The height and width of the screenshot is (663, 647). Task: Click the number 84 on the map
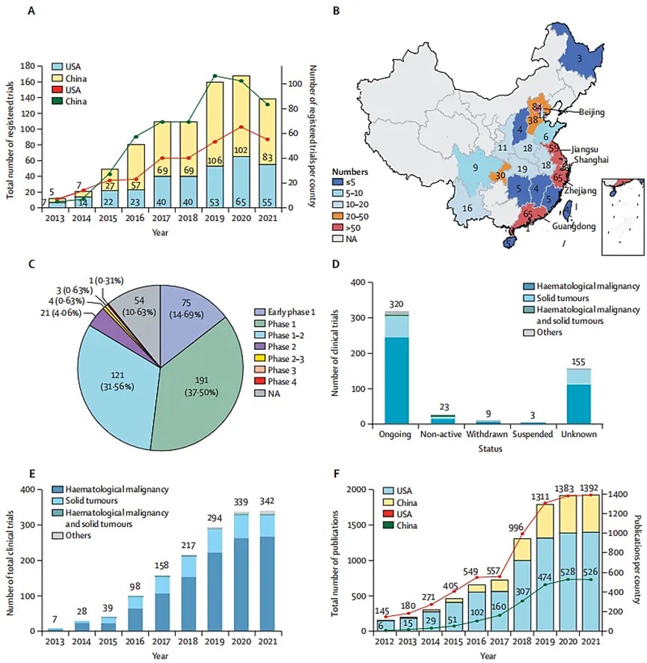(x=536, y=108)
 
